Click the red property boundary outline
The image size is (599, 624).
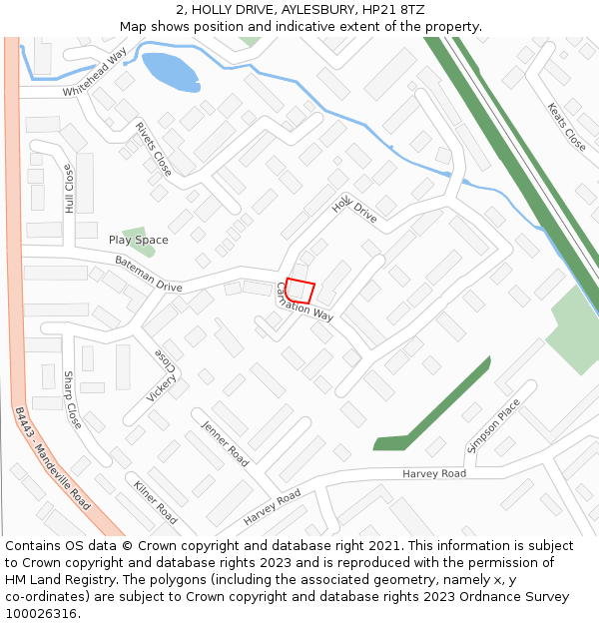300,291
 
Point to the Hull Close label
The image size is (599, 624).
69,189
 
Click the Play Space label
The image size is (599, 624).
139,240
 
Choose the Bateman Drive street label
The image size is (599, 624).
148,273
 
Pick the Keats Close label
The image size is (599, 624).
567,127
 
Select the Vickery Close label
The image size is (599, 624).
163,375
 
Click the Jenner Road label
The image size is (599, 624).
225,443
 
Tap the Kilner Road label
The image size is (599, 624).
155,502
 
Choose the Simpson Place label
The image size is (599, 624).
493,425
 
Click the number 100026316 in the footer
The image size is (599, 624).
41,614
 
